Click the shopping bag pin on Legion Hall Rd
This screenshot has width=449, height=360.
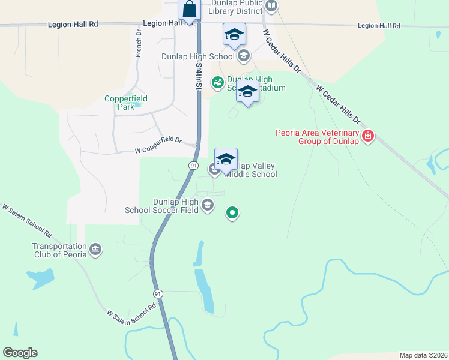coord(189,10)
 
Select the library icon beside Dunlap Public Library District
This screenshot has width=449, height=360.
coord(271,7)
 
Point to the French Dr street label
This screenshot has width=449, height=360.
coord(139,47)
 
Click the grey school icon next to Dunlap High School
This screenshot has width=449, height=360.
coord(243,56)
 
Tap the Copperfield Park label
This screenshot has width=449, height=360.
coord(126,103)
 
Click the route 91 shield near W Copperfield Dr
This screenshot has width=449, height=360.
coord(193,165)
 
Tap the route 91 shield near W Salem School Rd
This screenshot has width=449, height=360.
coord(158,293)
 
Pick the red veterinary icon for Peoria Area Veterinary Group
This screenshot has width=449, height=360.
coord(368,137)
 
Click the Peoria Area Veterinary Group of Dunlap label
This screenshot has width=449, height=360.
coord(317,137)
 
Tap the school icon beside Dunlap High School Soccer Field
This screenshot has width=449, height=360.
coord(208,206)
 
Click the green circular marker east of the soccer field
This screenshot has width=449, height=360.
coord(232,212)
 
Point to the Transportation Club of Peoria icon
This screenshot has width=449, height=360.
coord(95,250)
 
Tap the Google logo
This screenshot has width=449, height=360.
coord(20,353)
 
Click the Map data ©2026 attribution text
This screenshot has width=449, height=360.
coord(423,355)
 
